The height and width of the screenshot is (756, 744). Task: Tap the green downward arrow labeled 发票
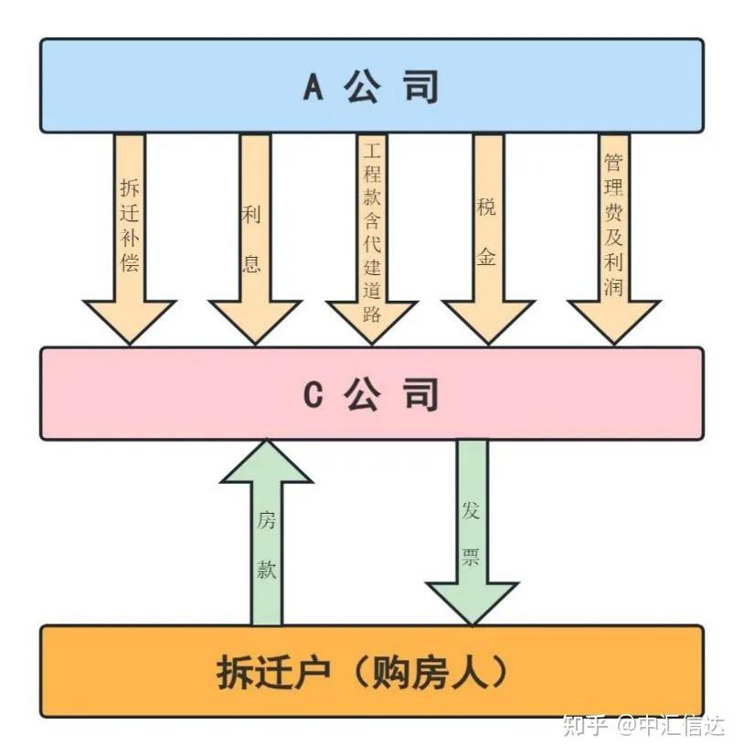pos(472,530)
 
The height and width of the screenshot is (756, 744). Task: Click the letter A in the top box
pos(314,87)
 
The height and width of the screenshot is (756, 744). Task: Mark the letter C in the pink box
pos(314,395)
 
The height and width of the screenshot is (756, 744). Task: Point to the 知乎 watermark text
pos(585,726)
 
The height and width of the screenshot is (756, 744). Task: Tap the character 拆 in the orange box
pos(235,673)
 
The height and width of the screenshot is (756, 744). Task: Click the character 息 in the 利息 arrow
pos(252,263)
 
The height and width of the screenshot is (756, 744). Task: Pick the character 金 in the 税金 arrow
pos(486,257)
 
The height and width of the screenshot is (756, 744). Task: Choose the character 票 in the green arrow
pos(471,557)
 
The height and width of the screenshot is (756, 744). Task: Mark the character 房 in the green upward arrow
pos(266,521)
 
